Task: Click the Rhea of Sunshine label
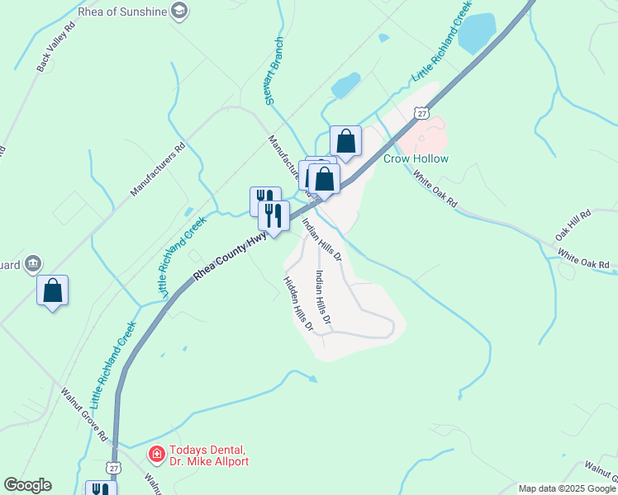(122, 11)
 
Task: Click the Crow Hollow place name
(416, 158)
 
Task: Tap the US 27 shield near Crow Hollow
(422, 113)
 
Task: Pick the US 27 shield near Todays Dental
(114, 468)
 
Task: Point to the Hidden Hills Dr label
(298, 304)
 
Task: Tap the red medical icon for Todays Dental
(156, 454)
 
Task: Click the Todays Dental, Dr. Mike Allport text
(208, 455)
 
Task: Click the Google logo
(27, 485)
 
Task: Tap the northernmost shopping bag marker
(345, 142)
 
